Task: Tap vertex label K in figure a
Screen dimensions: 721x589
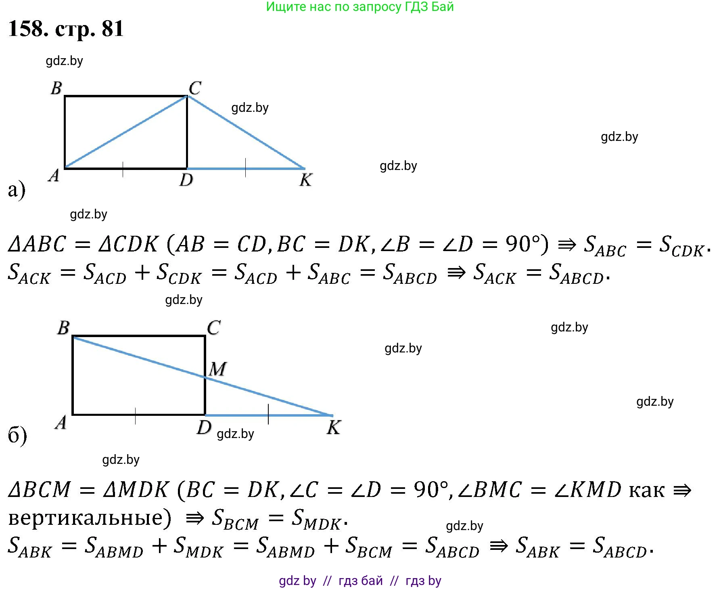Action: pos(306,180)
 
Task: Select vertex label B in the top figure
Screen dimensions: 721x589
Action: pos(56,88)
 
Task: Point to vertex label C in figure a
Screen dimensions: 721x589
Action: pos(195,88)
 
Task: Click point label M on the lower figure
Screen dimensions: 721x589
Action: pos(218,369)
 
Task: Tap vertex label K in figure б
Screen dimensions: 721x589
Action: pos(334,427)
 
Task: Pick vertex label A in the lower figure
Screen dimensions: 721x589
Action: pos(61,422)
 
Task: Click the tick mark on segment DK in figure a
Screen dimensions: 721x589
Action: pos(245,168)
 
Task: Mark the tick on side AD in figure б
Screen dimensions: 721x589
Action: pos(135,415)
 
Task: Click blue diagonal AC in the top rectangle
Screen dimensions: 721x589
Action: pos(126,132)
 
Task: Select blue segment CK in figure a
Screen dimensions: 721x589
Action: pos(246,132)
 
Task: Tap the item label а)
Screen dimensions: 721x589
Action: pos(17,189)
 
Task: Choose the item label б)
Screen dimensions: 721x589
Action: pos(17,435)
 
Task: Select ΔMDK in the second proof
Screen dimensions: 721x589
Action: pos(136,490)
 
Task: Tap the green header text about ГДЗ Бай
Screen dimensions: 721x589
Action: pos(360,7)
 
